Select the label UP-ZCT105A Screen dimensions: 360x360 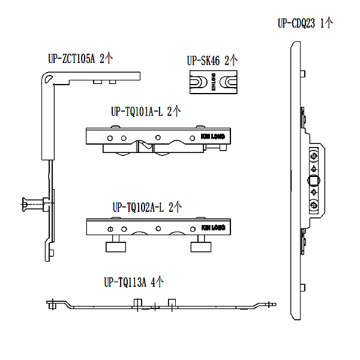click(x=72, y=59)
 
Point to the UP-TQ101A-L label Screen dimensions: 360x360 click(x=137, y=112)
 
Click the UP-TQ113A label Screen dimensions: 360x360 click(x=125, y=281)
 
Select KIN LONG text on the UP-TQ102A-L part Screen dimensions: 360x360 click(x=212, y=228)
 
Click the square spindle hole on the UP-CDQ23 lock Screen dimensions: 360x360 click(x=313, y=181)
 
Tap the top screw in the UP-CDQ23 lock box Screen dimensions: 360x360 click(x=313, y=157)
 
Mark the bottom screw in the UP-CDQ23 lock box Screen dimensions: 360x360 click(x=313, y=206)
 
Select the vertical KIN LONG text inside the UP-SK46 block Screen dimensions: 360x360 click(x=213, y=83)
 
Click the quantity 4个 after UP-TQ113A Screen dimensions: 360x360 click(x=157, y=281)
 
